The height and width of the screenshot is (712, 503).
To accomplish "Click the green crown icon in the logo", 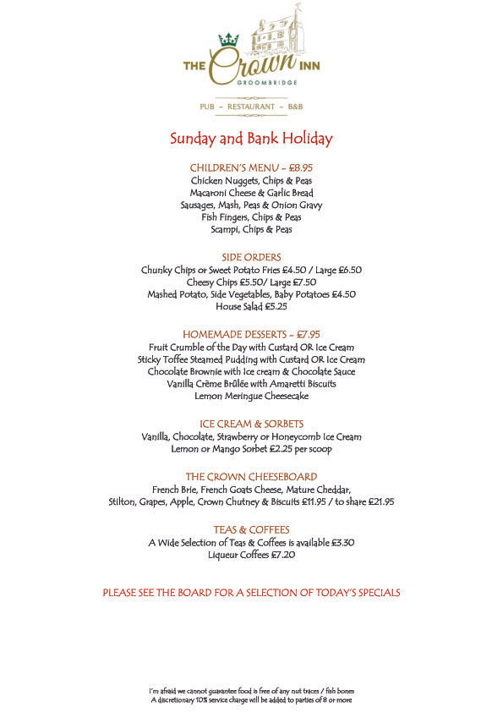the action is coord(228,39).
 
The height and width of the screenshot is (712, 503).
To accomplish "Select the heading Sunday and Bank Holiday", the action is coord(251,139).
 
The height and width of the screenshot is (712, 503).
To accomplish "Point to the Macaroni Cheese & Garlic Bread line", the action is coord(251,192).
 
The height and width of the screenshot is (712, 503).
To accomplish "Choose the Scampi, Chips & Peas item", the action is coord(251,229).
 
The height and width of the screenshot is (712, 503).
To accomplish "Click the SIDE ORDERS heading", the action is coord(251,257).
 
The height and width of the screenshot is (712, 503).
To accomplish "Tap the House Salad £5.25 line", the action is coord(251,306).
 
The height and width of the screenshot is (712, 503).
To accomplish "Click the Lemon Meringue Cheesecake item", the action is coord(251,396).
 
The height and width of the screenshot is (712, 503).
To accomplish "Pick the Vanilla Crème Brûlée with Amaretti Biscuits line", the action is coord(251,383).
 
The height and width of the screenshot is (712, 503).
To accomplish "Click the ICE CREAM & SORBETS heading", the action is coord(251,424).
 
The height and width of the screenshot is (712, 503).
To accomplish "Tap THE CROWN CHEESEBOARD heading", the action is coord(251,476).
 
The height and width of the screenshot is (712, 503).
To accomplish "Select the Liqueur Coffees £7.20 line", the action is coord(251,555).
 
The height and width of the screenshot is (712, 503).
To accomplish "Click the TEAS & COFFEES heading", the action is coord(251,529).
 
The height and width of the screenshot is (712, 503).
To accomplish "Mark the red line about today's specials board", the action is coord(251,593).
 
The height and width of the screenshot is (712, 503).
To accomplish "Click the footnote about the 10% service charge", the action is coord(251,700).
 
